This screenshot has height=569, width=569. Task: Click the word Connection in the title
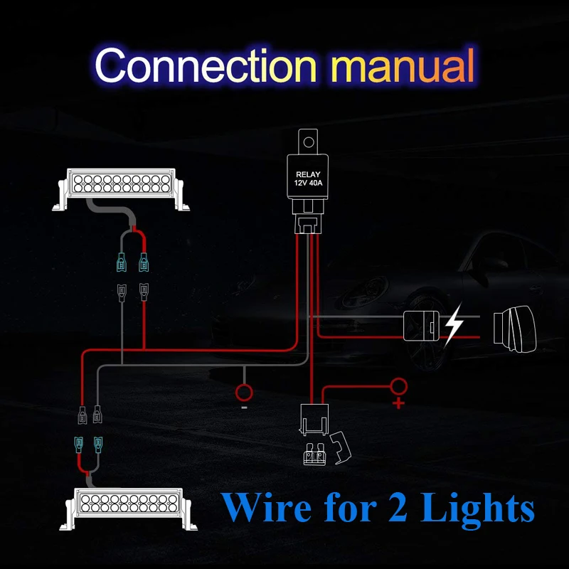coord(206,65)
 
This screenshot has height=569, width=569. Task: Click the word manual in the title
coord(403,65)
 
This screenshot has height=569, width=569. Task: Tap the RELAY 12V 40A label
coord(308,179)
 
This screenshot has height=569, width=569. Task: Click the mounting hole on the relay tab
coord(309,142)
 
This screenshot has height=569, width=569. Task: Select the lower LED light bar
coord(128,509)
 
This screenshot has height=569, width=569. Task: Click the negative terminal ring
coord(244,393)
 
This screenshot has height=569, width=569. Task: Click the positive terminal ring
coord(398,386)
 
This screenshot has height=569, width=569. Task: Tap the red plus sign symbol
coord(398,403)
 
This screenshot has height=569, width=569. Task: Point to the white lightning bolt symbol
coord(454,324)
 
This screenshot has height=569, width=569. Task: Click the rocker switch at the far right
coord(514,329)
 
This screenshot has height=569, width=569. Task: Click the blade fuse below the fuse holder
coord(314,454)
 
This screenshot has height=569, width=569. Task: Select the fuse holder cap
coord(341,448)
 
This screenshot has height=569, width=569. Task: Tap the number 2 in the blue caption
coord(398,507)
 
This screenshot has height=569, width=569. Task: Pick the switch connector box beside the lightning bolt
coord(421,326)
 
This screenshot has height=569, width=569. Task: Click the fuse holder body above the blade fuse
coord(314,420)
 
